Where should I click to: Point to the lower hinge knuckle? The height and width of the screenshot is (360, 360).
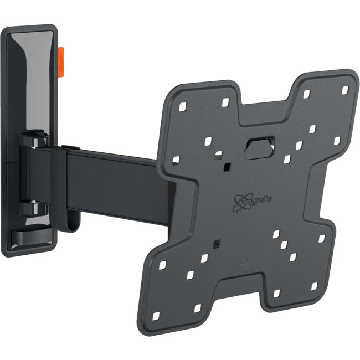click(34, 207)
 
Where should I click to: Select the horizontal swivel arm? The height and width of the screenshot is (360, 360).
click(116, 180)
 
